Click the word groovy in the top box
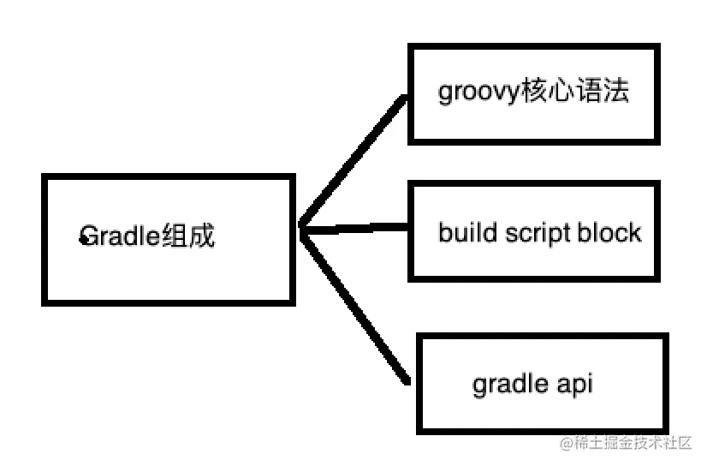(478, 93)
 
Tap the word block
(609, 232)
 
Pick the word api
(574, 385)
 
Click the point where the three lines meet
(301, 228)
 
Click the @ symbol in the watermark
(566, 443)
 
